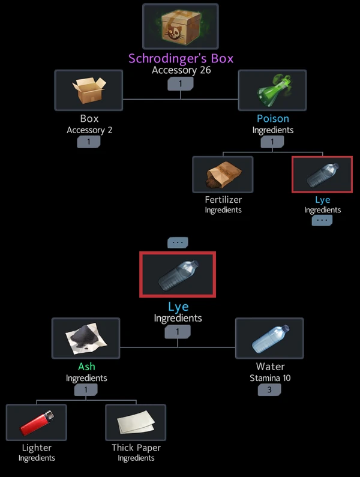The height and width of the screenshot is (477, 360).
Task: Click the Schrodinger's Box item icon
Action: (181, 28)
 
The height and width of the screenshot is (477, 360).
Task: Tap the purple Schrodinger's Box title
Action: (181, 59)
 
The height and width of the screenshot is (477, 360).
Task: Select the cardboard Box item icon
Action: (89, 91)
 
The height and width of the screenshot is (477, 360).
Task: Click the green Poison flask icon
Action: (272, 91)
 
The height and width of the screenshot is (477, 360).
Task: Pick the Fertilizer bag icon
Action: (223, 175)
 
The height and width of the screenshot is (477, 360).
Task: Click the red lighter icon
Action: (36, 422)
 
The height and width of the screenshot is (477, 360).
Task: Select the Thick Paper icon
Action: (136, 422)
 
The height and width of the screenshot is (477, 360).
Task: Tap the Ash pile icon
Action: (86, 338)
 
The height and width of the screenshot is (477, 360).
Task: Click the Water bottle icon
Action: (269, 338)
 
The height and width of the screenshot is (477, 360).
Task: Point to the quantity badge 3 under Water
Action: (269, 390)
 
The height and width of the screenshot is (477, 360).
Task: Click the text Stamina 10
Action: (269, 378)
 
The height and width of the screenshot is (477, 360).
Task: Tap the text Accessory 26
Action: (181, 70)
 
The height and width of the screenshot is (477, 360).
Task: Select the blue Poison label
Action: (272, 119)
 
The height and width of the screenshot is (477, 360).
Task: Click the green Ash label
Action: (86, 367)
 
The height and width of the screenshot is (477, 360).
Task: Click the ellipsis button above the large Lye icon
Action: (178, 242)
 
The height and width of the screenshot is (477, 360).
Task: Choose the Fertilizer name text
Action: (223, 200)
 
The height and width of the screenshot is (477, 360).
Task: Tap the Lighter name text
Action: (36, 448)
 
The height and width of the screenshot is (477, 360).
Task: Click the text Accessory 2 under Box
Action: (89, 130)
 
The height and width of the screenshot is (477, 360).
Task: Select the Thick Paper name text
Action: (136, 448)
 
